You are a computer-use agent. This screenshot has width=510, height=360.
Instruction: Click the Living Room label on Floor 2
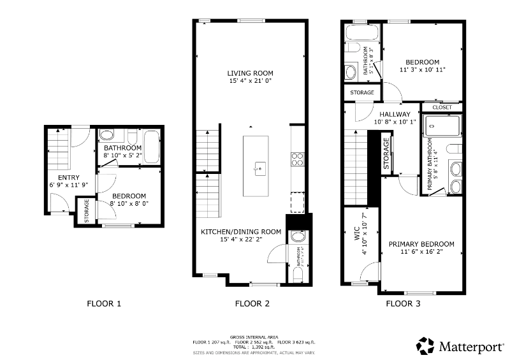tap(251, 73)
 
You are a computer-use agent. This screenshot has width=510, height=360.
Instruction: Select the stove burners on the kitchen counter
tap(297, 158)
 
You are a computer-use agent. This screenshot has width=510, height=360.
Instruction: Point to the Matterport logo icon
tap(426, 346)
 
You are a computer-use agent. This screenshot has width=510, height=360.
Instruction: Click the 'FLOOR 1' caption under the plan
tap(104, 304)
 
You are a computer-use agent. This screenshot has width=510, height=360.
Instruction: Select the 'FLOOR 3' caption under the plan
tap(403, 304)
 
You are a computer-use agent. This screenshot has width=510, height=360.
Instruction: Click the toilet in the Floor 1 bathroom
tap(107, 135)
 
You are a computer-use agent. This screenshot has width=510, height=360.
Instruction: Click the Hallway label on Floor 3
tap(395, 115)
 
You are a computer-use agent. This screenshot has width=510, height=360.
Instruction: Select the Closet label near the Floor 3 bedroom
tap(442, 107)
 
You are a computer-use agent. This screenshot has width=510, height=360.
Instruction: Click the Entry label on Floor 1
tap(68, 177)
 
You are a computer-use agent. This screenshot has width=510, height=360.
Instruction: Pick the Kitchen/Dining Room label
tap(241, 231)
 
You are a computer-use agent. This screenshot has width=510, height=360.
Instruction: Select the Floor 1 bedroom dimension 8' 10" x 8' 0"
tap(129, 204)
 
